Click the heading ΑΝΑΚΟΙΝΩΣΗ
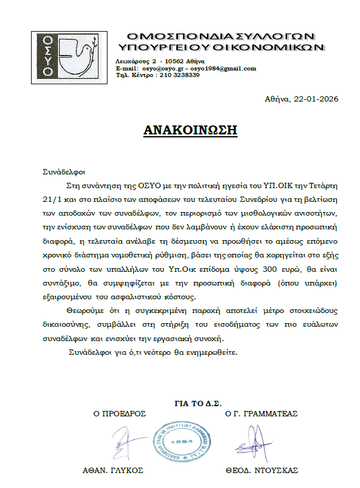click(190, 130)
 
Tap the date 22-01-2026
click(315, 99)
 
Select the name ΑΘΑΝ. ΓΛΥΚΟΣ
click(113, 470)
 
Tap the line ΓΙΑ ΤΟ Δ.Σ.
click(198, 401)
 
